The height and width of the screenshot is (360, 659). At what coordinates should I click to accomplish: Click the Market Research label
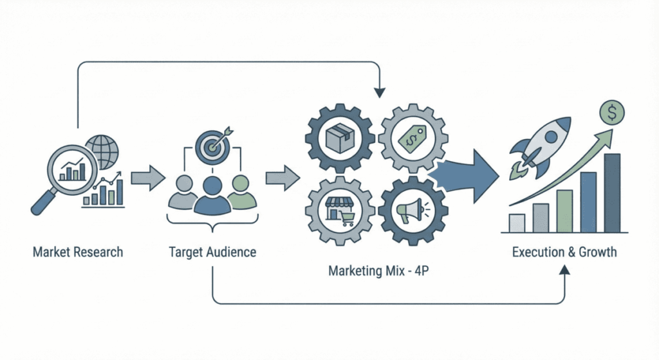click(78, 252)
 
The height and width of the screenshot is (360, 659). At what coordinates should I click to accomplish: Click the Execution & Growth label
click(564, 252)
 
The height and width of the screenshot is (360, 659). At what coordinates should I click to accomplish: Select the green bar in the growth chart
click(564, 211)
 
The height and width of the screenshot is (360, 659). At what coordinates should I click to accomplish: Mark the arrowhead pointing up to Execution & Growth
click(564, 272)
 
